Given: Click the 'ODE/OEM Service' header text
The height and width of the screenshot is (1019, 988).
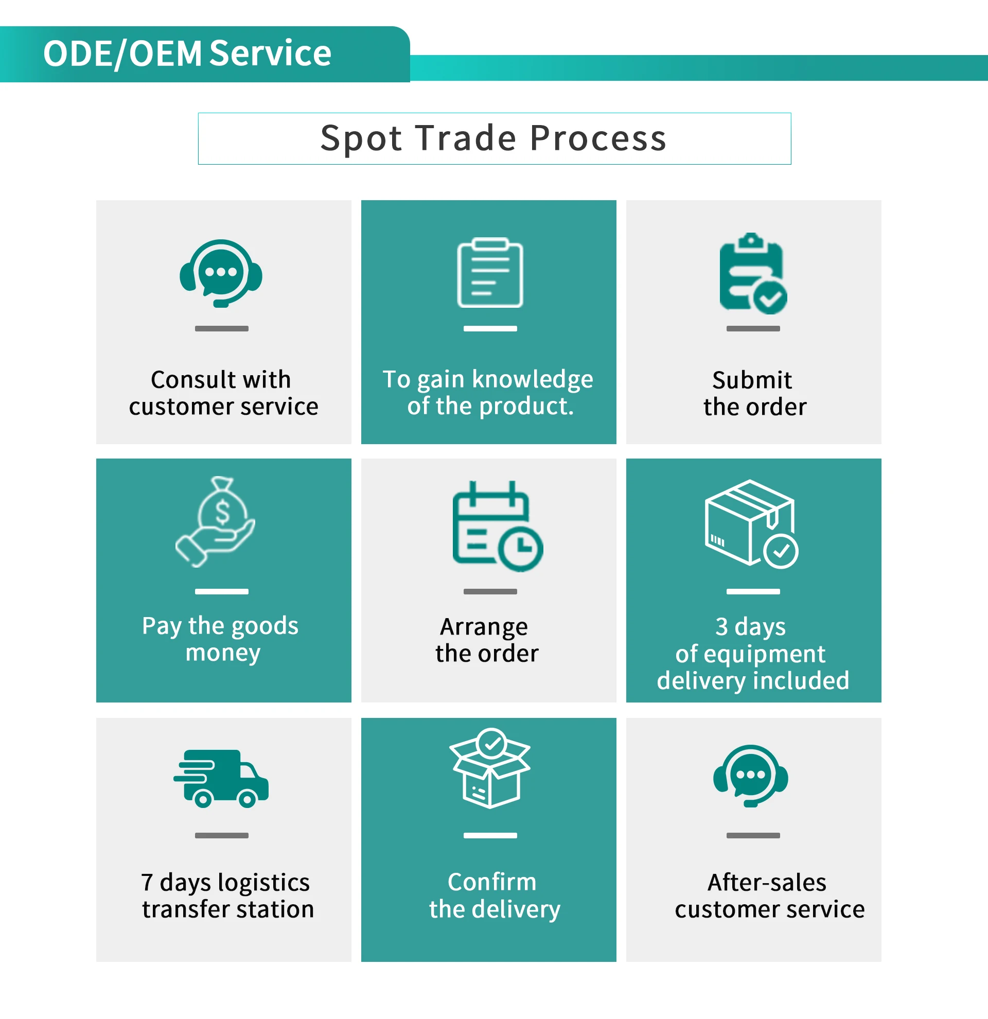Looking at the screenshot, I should [187, 54].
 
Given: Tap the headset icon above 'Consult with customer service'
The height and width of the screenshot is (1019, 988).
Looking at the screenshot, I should [221, 272].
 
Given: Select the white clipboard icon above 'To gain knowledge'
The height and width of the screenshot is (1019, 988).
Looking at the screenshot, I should [489, 272].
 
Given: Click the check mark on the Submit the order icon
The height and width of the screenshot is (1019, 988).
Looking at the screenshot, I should [770, 298].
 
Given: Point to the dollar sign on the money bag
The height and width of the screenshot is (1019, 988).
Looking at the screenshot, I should [222, 512].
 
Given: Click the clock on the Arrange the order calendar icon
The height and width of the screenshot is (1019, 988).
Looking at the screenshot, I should [521, 548].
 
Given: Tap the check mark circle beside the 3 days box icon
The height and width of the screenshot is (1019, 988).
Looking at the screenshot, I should [781, 551].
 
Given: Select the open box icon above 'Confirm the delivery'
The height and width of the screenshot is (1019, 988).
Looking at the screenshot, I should [489, 768].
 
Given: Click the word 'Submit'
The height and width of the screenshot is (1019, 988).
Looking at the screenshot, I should [752, 380].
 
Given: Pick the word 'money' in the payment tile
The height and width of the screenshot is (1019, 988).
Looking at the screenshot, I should [223, 653].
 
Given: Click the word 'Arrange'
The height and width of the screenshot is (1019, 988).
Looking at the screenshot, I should [484, 626].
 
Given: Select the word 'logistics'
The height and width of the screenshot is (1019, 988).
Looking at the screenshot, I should [263, 883].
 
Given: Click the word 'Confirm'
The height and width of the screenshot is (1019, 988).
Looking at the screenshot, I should [491, 882].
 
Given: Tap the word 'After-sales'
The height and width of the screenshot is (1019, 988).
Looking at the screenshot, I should [767, 882].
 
